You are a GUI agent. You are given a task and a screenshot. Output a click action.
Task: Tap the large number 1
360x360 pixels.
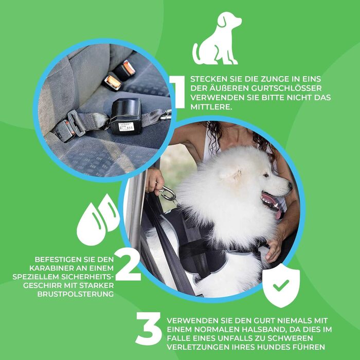pyautogui.click(x=178, y=92)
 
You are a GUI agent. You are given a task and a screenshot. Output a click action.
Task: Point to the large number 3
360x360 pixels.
pyautogui.click(x=148, y=328)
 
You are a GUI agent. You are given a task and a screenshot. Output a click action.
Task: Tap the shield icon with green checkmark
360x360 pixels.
pyautogui.click(x=281, y=285)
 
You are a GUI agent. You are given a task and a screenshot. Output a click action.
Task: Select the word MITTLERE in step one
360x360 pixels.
pyautogui.click(x=210, y=107)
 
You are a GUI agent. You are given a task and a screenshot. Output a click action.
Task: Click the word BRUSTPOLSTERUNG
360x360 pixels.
pyautogui.click(x=76, y=294)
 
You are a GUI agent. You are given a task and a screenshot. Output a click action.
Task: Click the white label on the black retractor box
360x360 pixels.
pyautogui.click(x=126, y=127)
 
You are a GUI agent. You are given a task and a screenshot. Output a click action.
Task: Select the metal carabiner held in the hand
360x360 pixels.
pyautogui.click(x=168, y=194)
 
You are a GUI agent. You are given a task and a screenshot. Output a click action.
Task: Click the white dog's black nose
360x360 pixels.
pyautogui.click(x=290, y=185)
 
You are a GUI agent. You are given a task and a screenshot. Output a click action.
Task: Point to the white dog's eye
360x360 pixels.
pyautogui.click(x=266, y=175)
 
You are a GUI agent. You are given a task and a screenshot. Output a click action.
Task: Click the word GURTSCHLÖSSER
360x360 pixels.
pyautogui.click(x=286, y=88)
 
